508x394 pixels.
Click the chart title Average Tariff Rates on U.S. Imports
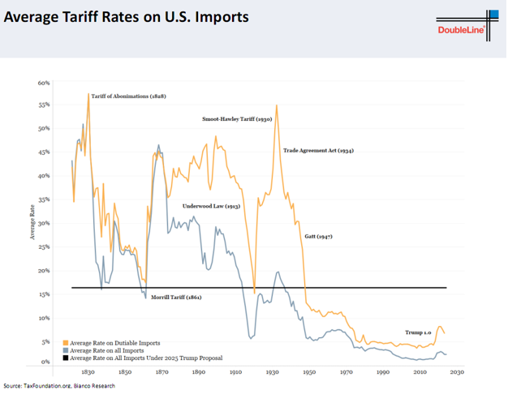tap(127, 17)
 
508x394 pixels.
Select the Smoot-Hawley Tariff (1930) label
tap(236, 119)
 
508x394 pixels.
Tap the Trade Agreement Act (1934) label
tap(318, 151)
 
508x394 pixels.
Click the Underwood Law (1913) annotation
tap(211, 207)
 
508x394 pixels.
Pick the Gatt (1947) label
tap(318, 237)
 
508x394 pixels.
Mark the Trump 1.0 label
tap(419, 332)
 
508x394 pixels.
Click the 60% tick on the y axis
tap(44, 83)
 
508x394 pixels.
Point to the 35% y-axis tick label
tap(44, 199)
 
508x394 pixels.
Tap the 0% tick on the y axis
tap(45, 362)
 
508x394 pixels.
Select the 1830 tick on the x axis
tap(88, 373)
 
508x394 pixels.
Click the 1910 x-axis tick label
tap(236, 373)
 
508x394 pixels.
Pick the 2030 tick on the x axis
tap(457, 373)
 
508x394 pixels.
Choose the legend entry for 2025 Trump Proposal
tap(145, 358)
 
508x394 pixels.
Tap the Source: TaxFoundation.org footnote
tap(58, 386)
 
